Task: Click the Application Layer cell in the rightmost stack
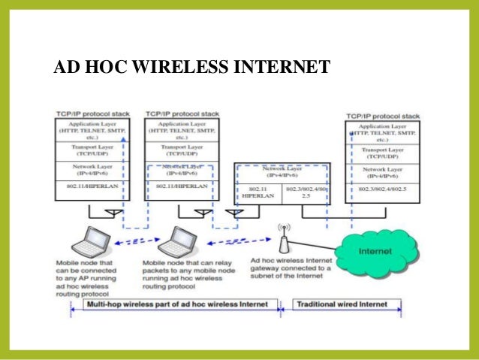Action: point(382,132)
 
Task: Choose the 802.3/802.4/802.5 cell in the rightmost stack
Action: point(382,189)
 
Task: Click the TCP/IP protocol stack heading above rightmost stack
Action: point(382,116)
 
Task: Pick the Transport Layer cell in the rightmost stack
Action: point(382,154)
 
